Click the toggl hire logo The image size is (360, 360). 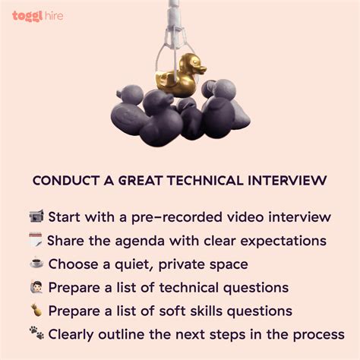(x=37, y=15)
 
